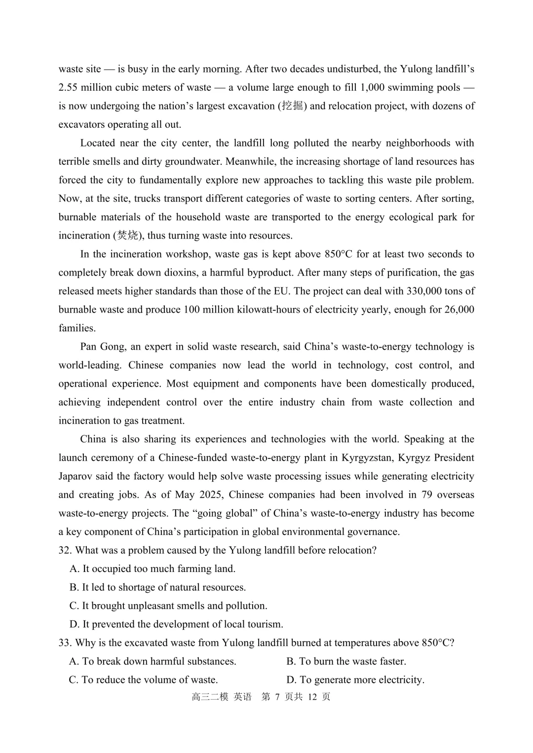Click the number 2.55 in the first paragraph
coord(68,88)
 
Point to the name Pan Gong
coord(102,347)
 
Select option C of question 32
coord(168,606)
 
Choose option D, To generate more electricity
coord(355,680)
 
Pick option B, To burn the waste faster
coord(346,661)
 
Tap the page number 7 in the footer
coord(277,697)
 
